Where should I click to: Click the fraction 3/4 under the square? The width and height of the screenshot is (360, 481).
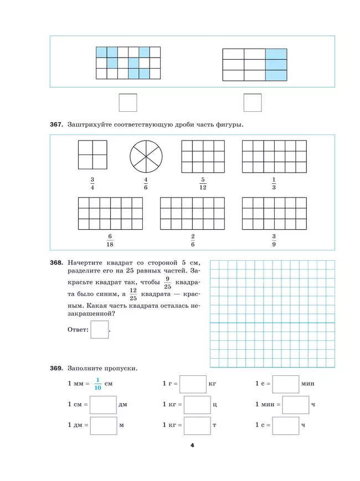click(92, 184)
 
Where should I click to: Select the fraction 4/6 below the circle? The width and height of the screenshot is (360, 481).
click(146, 184)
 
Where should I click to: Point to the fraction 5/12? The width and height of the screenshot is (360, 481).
click(203, 184)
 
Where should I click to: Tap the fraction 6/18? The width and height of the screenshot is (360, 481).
click(110, 240)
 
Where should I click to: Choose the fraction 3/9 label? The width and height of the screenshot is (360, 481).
click(274, 240)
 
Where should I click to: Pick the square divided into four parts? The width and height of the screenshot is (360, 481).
click(92, 154)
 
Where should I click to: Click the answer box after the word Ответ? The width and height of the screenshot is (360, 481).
click(100, 330)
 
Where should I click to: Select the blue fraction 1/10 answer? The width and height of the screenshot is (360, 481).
click(96, 384)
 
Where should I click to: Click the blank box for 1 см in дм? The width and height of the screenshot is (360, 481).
click(103, 405)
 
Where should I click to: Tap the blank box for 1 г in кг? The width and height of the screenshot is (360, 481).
click(193, 384)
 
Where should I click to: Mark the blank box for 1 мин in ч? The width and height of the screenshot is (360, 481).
click(295, 405)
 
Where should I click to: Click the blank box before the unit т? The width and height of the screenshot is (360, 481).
click(197, 426)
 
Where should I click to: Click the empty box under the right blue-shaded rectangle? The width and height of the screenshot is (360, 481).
click(253, 102)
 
